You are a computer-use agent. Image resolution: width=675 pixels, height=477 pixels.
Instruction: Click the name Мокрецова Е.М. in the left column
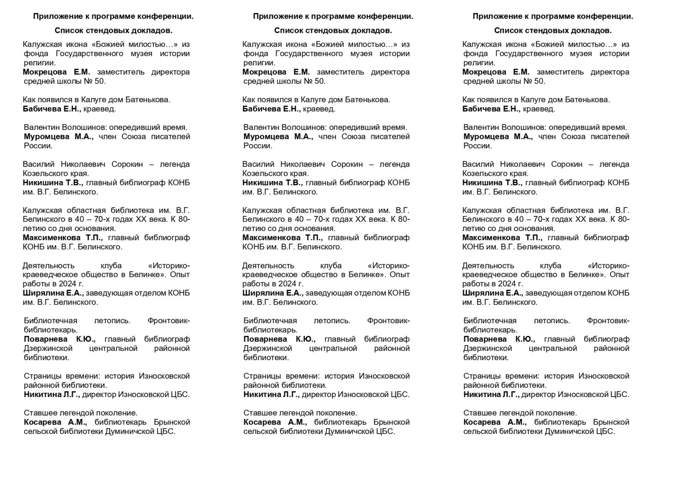pyautogui.click(x=56, y=72)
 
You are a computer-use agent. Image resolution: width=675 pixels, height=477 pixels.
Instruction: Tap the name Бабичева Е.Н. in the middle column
pyautogui.click(x=271, y=109)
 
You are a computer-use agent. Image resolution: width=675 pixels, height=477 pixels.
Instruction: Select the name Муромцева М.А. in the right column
pyautogui.click(x=498, y=137)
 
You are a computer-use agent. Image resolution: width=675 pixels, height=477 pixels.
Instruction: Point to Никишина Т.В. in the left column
pyautogui.click(x=52, y=183)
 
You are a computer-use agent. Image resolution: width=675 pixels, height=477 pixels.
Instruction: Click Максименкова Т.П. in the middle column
pyautogui.click(x=282, y=238)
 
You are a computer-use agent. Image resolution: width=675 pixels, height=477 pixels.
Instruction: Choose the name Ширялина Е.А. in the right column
pyautogui.click(x=492, y=293)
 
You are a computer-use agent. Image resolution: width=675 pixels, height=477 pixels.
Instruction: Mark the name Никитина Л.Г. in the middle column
pyautogui.click(x=271, y=394)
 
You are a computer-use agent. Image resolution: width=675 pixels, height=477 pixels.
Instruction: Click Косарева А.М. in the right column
pyautogui.click(x=495, y=422)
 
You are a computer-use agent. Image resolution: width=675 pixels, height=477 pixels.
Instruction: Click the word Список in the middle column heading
pyautogui.click(x=287, y=30)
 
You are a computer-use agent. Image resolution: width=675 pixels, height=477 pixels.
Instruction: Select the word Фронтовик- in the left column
pyautogui.click(x=169, y=321)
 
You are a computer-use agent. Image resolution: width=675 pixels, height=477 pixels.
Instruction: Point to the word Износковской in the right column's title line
pyautogui.click(x=603, y=376)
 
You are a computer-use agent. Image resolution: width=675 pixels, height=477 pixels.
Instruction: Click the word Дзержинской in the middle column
pyautogui.click(x=268, y=348)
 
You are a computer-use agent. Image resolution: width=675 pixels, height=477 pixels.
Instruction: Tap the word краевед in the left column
pyautogui.click(x=99, y=109)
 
